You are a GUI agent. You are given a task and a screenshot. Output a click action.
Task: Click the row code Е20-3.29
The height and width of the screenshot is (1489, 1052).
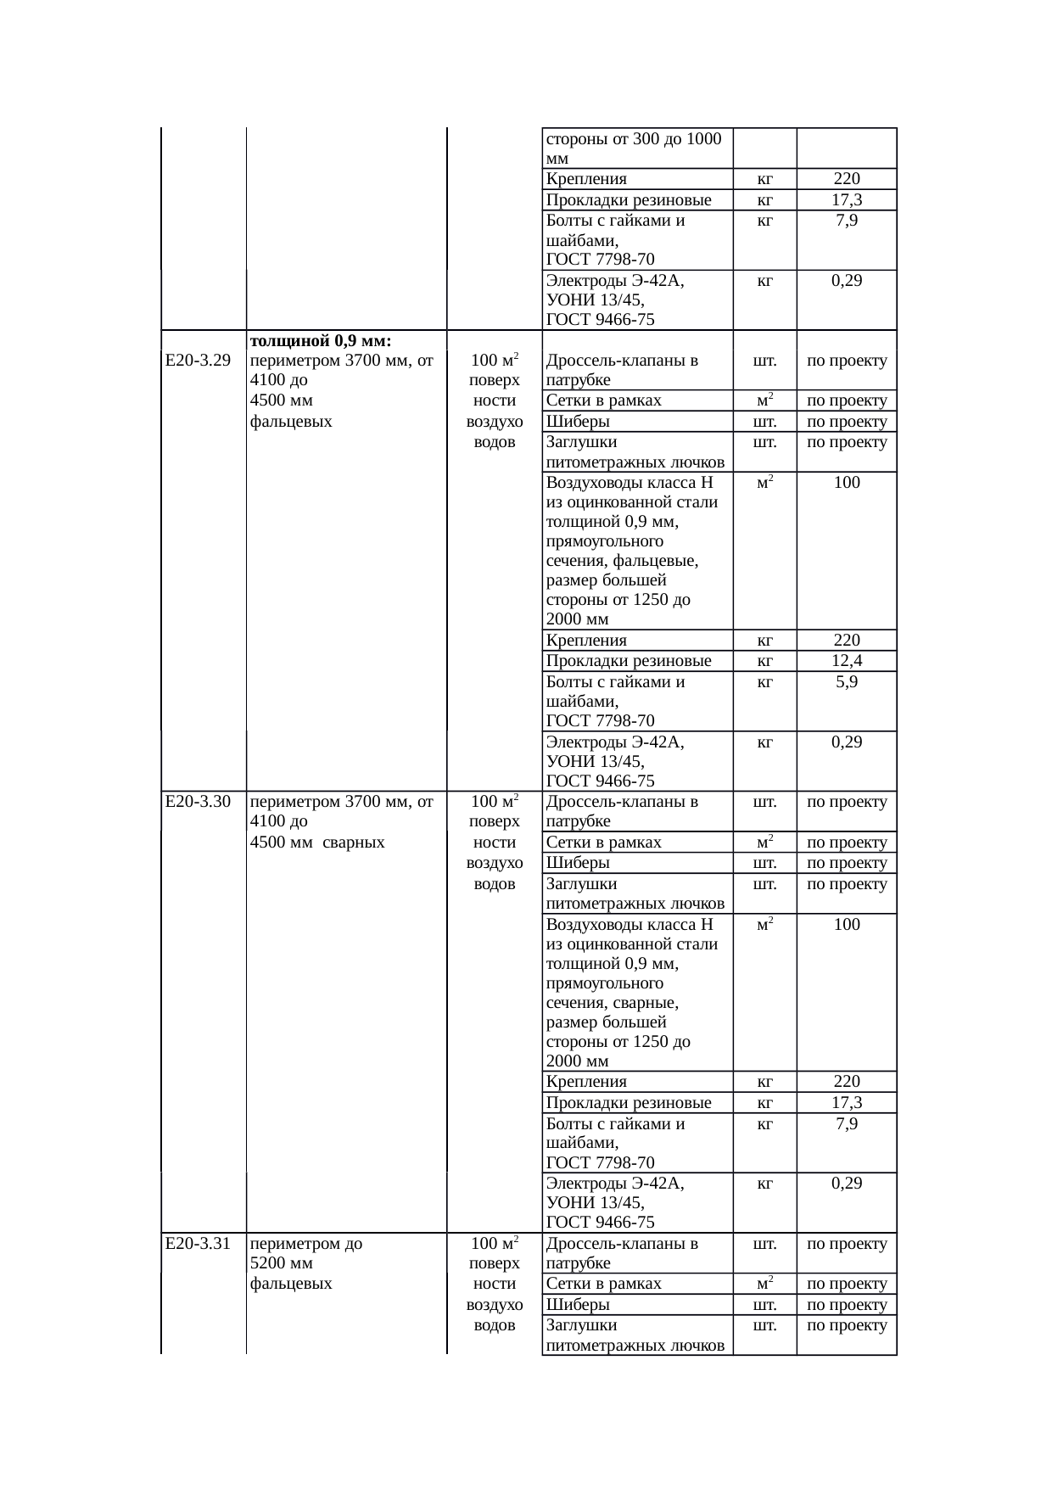[199, 361]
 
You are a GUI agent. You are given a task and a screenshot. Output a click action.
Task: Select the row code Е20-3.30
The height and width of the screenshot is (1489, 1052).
[199, 802]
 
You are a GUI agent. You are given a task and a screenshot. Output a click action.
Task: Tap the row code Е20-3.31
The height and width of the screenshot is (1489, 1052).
[199, 1244]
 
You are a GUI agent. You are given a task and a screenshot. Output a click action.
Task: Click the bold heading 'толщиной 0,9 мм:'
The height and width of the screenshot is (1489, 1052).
[320, 341]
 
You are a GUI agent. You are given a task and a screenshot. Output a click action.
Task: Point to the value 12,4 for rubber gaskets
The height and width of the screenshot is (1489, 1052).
[847, 661]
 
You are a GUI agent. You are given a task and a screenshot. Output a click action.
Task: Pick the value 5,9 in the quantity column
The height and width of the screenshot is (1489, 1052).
[847, 681]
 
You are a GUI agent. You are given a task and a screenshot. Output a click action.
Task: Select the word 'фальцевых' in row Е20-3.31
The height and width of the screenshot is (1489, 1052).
[291, 1284]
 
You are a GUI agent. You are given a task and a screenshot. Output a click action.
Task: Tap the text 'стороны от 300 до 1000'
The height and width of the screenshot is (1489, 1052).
[634, 139]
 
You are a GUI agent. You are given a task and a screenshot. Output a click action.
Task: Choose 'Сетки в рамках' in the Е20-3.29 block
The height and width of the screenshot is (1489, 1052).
[603, 400]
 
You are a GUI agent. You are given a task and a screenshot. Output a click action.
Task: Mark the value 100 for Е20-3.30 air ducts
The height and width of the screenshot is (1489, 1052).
[847, 924]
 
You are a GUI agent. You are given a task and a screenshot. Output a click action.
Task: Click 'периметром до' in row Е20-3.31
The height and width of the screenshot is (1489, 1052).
[306, 1244]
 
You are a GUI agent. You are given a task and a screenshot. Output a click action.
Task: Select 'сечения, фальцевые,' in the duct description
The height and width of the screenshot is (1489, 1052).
[623, 561]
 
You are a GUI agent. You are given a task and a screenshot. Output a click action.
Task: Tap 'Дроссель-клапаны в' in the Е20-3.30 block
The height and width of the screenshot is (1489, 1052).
[623, 802]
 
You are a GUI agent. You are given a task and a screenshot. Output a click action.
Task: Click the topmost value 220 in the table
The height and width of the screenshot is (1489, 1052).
[847, 179]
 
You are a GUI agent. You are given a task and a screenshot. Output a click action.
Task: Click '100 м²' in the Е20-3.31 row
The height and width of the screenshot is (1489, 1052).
[495, 1244]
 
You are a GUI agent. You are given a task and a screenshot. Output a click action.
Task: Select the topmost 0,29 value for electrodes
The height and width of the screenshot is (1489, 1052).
[847, 281]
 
